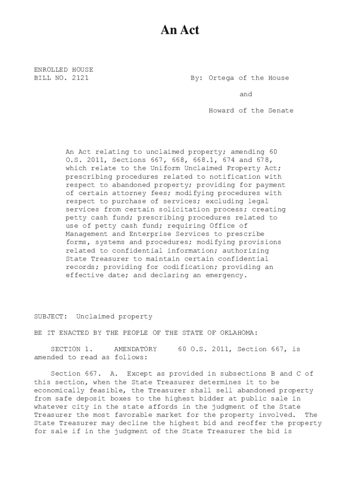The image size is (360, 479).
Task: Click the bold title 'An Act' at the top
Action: tap(180, 30)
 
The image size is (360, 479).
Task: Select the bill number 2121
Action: tap(80, 78)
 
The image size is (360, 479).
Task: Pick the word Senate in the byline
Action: tap(281, 111)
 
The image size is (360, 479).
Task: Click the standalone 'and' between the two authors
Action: tap(246, 94)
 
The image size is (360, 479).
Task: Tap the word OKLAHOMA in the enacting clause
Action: tap(236, 333)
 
